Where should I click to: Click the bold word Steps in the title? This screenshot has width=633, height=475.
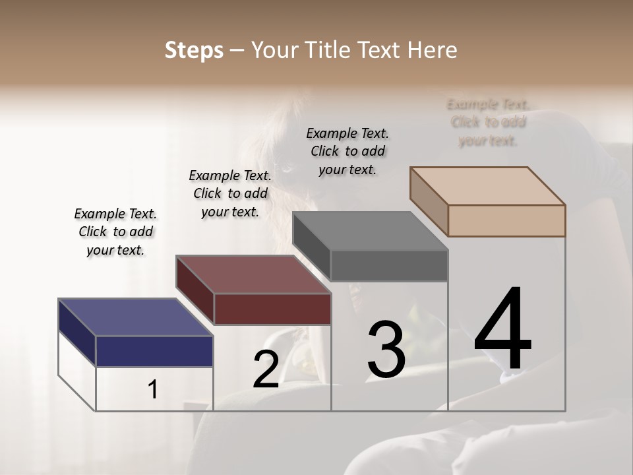click(x=194, y=50)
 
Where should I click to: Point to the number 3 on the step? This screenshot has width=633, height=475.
click(x=386, y=350)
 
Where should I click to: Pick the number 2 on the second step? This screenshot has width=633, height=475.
click(x=266, y=369)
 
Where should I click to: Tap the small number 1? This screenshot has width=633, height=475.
click(x=153, y=390)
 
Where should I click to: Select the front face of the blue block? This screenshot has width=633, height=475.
click(x=154, y=351)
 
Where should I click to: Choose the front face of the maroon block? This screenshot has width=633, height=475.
click(x=272, y=309)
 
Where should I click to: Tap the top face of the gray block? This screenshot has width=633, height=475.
click(x=370, y=231)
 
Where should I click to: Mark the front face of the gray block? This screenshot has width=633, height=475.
click(x=389, y=265)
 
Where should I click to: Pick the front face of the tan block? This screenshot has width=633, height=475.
click(x=506, y=220)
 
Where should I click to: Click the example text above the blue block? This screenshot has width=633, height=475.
click(x=115, y=232)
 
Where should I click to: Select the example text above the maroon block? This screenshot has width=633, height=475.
click(x=230, y=193)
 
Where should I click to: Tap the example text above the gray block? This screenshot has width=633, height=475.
click(x=347, y=151)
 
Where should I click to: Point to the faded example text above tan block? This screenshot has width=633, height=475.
click(x=488, y=122)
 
